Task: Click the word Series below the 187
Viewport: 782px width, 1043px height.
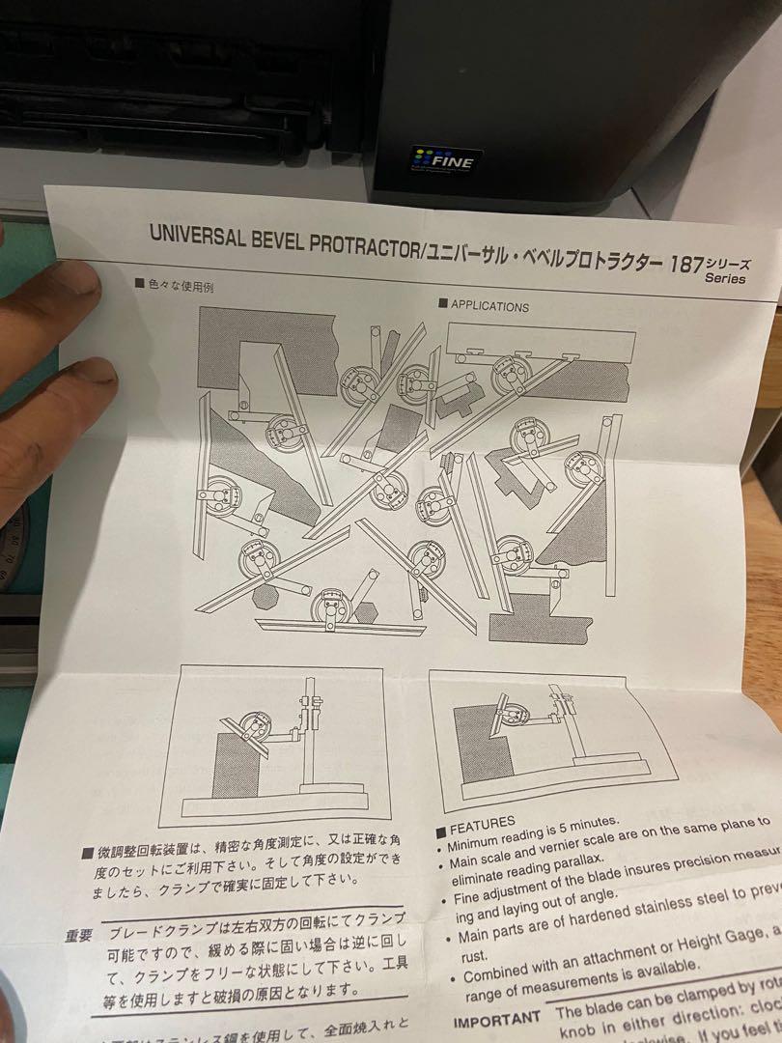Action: (x=725, y=279)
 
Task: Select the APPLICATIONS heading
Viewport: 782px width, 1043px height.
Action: (x=489, y=306)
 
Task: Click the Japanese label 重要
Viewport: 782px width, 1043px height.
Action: (x=79, y=935)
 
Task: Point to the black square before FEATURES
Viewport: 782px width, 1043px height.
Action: (x=440, y=832)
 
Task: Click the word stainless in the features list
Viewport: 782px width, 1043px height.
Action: (x=662, y=916)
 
